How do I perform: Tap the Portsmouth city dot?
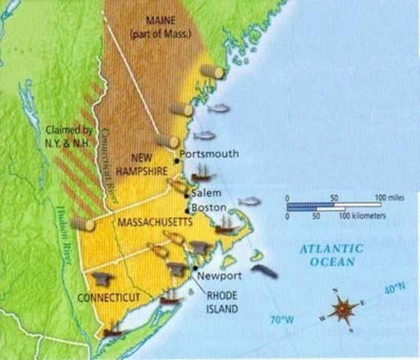click(177, 160)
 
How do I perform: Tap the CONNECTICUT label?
click(109, 298)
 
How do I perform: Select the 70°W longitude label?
click(280, 319)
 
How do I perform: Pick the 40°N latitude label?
click(394, 287)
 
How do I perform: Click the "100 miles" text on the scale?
click(389, 196)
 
